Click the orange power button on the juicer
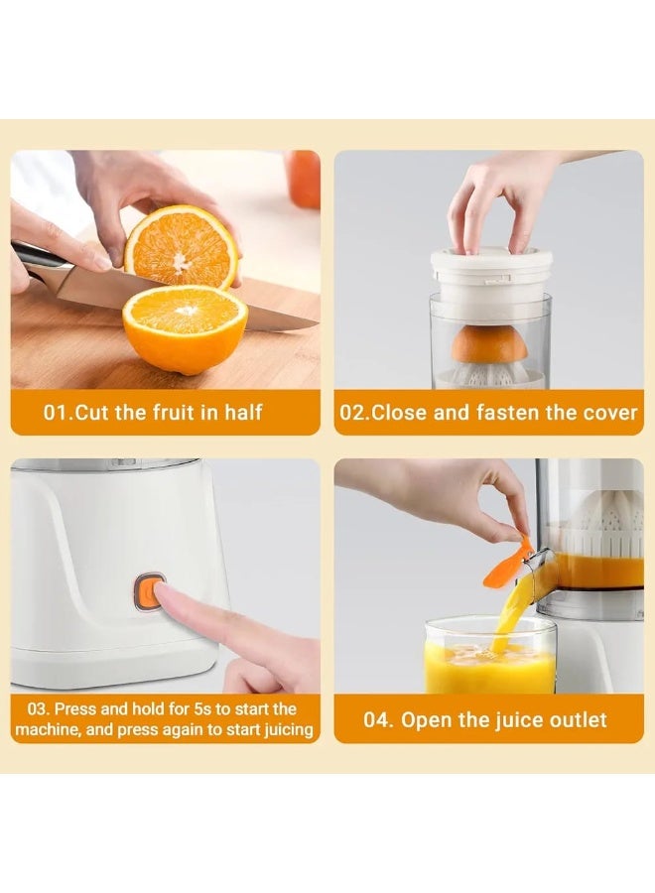click(x=147, y=592)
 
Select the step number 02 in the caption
click(x=352, y=413)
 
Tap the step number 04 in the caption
click(x=376, y=720)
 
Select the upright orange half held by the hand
click(x=182, y=247)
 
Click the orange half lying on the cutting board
click(x=186, y=328)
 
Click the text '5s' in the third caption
click(x=203, y=709)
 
